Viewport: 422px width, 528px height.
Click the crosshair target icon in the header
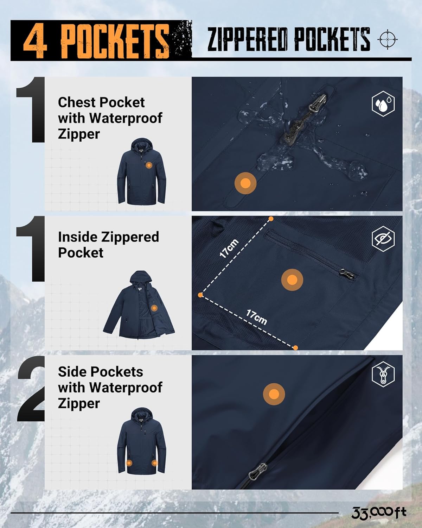click(x=387, y=39)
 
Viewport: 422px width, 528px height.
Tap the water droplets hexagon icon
click(x=383, y=103)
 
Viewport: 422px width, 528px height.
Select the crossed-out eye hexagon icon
click(x=383, y=239)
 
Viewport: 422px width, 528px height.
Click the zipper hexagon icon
click(x=383, y=375)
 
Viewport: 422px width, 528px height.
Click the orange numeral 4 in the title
click(x=35, y=41)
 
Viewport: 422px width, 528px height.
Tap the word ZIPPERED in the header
click(x=247, y=39)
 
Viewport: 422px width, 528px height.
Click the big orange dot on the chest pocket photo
click(x=245, y=183)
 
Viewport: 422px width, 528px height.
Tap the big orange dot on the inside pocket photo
click(x=292, y=280)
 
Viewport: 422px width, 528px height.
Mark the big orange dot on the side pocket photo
click(x=274, y=394)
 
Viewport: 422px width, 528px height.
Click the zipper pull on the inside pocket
click(x=346, y=274)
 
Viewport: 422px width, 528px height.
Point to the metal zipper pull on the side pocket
click(x=257, y=472)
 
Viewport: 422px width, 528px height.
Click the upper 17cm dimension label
click(x=229, y=249)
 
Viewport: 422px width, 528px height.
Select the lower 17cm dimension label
click(x=256, y=317)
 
